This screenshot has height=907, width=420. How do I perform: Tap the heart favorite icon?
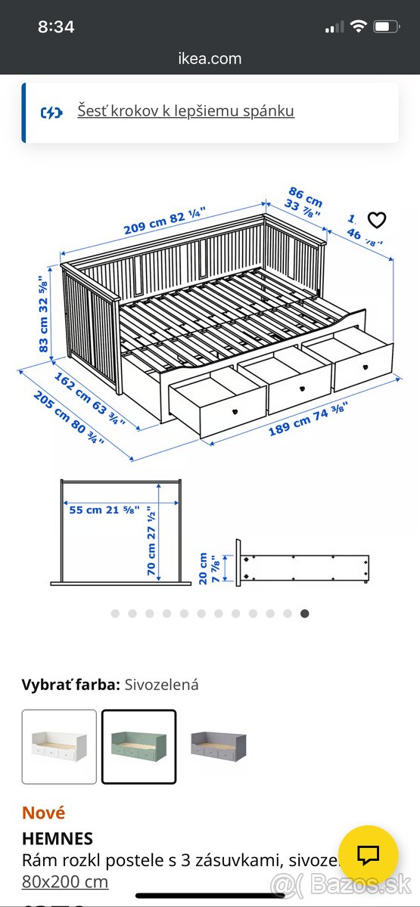click(376, 220)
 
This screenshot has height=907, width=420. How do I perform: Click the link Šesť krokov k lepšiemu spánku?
click(185, 111)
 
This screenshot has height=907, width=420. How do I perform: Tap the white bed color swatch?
click(59, 746)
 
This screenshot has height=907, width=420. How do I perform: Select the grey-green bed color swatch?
click(139, 746)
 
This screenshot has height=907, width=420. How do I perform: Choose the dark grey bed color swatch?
click(219, 746)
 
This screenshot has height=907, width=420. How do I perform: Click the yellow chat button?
click(369, 855)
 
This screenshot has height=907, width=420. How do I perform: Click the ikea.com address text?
click(210, 58)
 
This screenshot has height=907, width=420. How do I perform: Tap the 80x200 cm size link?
click(65, 881)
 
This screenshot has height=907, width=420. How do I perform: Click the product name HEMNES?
click(58, 838)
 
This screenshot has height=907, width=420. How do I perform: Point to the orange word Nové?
click(44, 813)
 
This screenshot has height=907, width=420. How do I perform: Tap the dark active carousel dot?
click(304, 614)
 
